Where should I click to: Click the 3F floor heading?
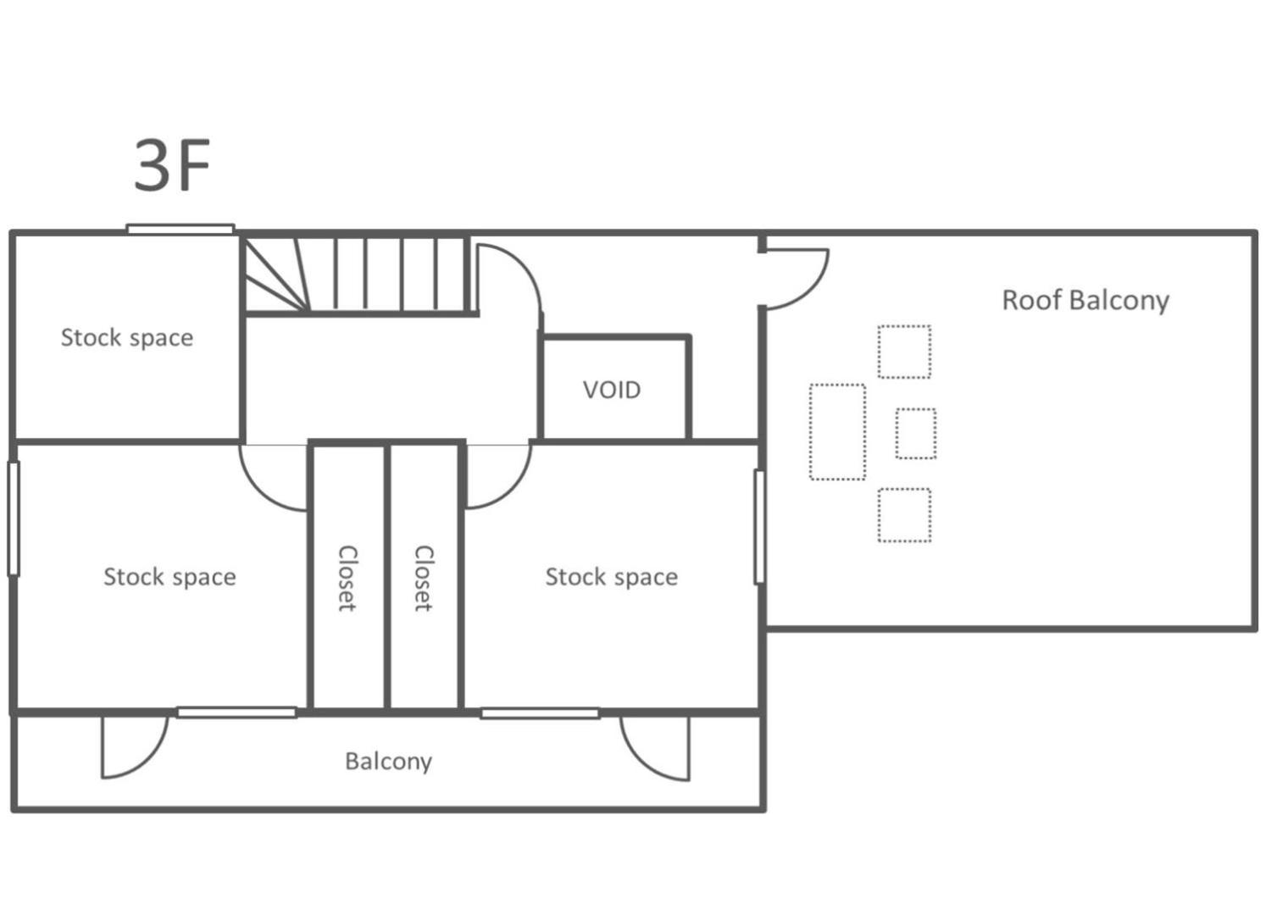[x=172, y=165]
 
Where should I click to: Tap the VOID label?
[x=612, y=390]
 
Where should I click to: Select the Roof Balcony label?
[x=1086, y=300]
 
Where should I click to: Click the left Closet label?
[x=347, y=578]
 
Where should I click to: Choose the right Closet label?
[x=424, y=578]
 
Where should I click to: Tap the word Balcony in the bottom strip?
[x=388, y=762]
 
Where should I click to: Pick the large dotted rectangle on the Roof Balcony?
[x=837, y=432]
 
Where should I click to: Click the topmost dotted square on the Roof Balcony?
[x=904, y=352]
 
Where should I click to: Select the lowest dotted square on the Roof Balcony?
[x=904, y=515]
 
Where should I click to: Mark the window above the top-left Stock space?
[x=180, y=229]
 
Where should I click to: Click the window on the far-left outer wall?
[x=14, y=518]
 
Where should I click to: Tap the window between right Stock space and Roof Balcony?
[x=759, y=527]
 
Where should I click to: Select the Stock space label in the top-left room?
[x=127, y=338]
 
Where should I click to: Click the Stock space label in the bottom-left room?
[x=169, y=577]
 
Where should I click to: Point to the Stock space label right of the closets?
[x=612, y=577]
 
